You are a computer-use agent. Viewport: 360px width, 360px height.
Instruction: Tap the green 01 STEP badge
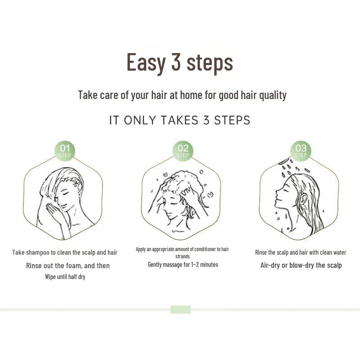65,151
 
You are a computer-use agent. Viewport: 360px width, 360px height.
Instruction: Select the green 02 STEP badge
183,151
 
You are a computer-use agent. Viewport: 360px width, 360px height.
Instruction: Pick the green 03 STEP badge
301,151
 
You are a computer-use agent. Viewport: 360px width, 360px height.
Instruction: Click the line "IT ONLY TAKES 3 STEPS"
180,121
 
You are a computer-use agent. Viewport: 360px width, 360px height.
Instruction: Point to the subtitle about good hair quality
182,95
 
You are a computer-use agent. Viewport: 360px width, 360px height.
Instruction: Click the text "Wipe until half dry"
65,277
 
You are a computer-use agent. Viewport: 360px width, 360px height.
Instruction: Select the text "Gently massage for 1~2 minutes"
183,265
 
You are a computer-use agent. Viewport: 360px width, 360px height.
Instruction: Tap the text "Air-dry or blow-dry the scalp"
301,265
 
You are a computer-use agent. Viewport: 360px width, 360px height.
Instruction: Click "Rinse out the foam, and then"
67,265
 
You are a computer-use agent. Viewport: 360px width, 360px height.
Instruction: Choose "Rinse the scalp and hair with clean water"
301,252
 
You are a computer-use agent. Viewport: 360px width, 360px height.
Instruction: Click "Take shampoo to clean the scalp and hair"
65,252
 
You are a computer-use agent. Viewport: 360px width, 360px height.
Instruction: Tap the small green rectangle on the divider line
180,310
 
